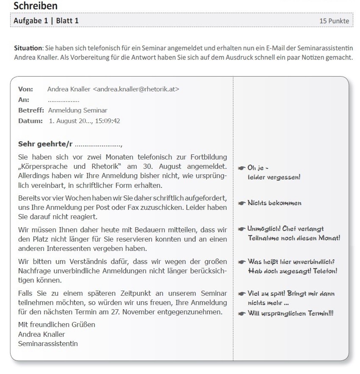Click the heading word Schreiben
(36, 6)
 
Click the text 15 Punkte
(334, 21)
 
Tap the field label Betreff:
(31, 110)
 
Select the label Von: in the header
(26, 89)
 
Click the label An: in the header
(24, 100)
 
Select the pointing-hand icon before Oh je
(242, 168)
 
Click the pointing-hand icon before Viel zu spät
(242, 294)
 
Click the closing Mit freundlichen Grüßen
(56, 324)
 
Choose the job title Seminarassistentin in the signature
(48, 344)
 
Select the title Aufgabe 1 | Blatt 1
(46, 21)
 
